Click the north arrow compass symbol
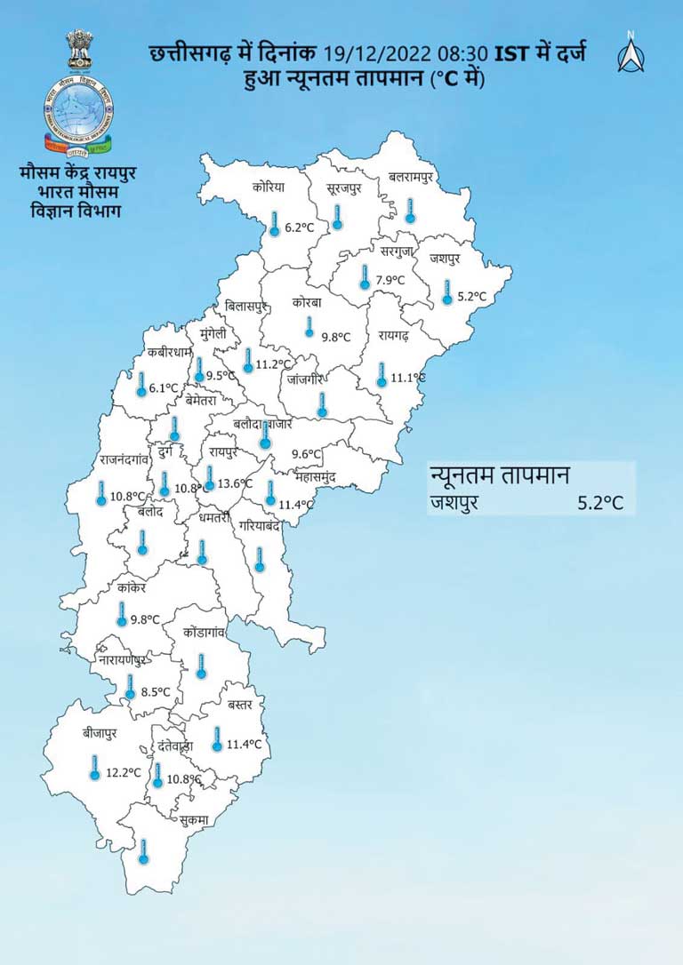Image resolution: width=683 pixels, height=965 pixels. (x=630, y=52)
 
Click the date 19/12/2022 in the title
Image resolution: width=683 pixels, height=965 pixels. (x=374, y=54)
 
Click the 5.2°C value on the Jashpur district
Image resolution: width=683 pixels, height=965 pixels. (x=473, y=296)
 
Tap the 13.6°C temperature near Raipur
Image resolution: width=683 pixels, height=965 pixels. (x=235, y=484)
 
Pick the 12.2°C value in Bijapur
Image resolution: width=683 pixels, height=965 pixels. (x=124, y=772)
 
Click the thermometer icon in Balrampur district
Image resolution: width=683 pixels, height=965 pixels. (x=410, y=211)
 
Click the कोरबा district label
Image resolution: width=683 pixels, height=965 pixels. (x=309, y=302)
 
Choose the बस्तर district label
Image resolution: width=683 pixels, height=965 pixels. (x=239, y=705)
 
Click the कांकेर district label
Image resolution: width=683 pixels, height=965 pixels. (x=131, y=586)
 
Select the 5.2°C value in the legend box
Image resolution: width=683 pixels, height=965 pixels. (x=600, y=503)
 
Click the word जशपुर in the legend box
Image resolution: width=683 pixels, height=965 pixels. (x=454, y=503)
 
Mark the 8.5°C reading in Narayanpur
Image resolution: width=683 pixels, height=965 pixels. (x=156, y=692)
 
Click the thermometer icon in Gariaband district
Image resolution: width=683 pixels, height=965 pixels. (x=260, y=559)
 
